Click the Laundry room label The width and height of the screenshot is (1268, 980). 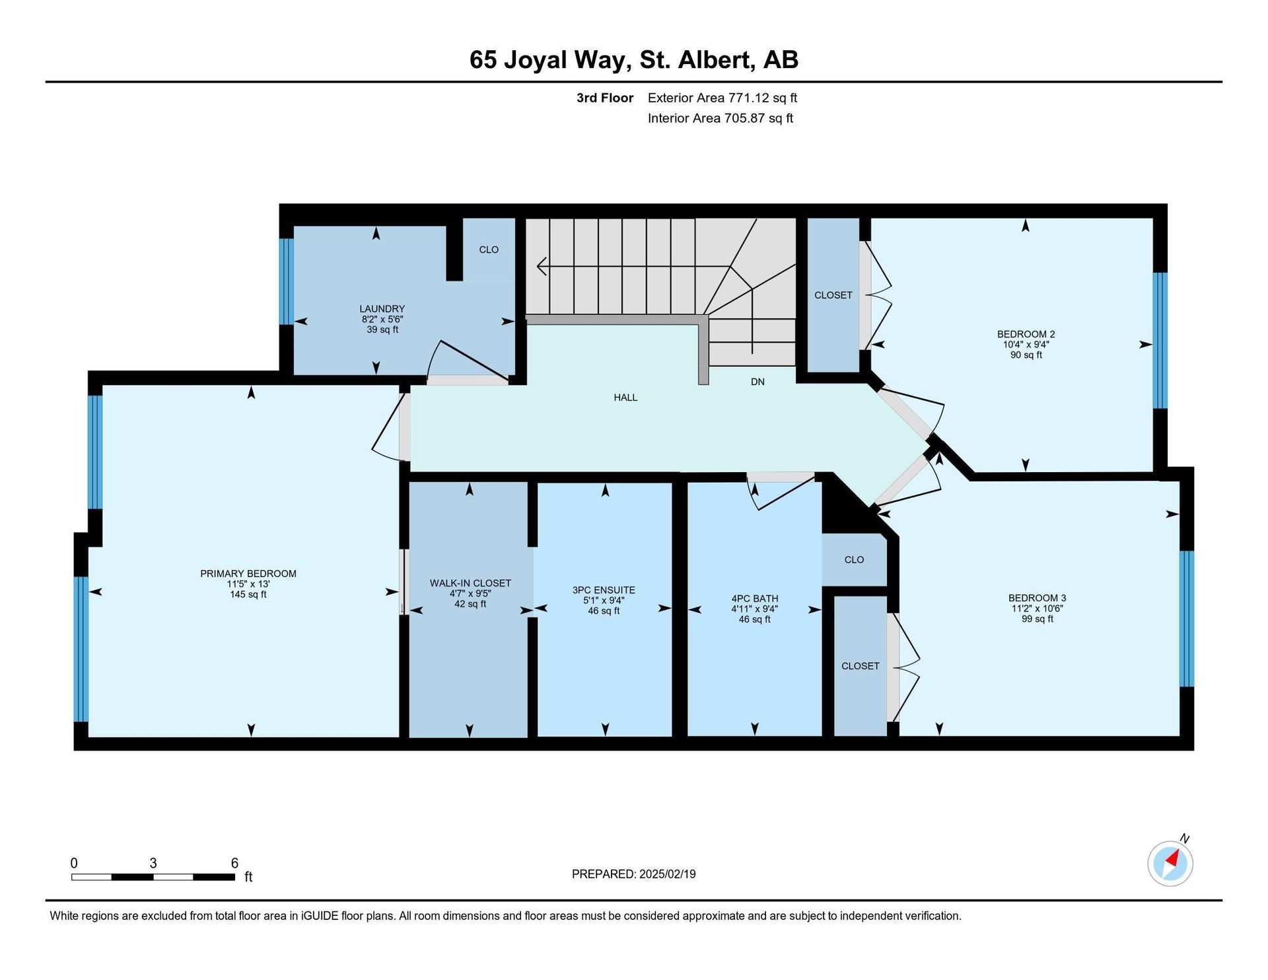tap(382, 308)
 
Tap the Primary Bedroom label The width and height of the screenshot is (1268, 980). tap(248, 574)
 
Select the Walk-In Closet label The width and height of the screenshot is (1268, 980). tap(470, 583)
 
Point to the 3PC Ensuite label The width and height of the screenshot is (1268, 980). tap(604, 590)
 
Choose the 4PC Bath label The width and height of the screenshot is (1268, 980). tap(754, 599)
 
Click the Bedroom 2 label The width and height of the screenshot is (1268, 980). tap(1026, 334)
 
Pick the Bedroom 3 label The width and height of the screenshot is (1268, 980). tap(1037, 598)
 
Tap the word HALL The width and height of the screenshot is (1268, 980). tap(625, 398)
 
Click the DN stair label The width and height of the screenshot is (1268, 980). tap(757, 382)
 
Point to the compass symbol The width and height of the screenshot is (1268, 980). tap(1170, 863)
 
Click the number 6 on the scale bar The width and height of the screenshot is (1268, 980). tap(234, 863)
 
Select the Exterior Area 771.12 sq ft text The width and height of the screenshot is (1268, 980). tap(722, 98)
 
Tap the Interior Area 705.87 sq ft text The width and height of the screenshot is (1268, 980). tap(721, 118)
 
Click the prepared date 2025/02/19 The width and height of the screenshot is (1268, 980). tap(667, 874)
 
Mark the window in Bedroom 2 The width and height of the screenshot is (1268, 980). tap(1160, 341)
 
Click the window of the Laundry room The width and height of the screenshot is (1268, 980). tap(286, 282)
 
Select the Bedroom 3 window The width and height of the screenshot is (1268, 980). tap(1187, 619)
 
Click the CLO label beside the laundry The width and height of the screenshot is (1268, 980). tap(489, 250)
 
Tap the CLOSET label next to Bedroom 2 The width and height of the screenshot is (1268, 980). tap(833, 295)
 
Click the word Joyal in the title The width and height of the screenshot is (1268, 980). tap(536, 60)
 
